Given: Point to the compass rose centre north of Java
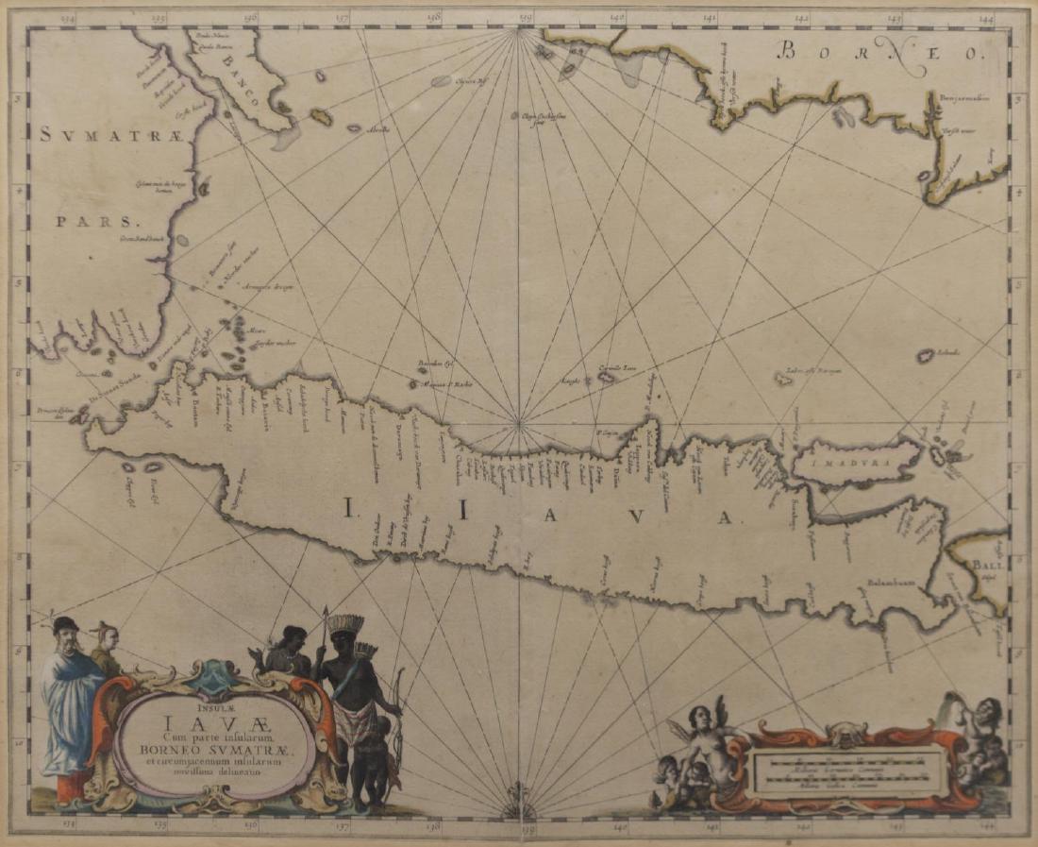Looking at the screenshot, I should [x=518, y=421].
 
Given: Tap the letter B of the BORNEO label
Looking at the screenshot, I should [x=784, y=53].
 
